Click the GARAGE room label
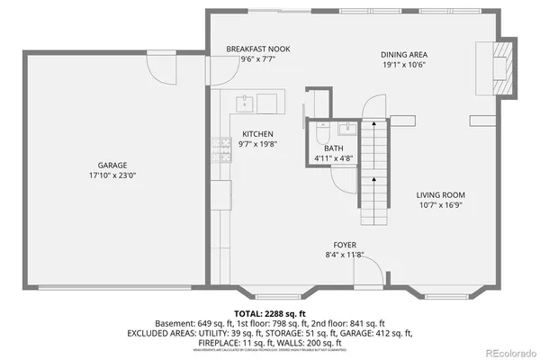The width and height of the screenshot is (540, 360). (112, 165)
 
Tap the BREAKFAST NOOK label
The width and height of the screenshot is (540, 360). (257, 49)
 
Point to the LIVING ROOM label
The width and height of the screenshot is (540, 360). (440, 194)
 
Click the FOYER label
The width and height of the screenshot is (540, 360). (346, 245)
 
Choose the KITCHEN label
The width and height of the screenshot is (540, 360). (257, 134)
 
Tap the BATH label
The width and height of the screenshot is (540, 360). (333, 148)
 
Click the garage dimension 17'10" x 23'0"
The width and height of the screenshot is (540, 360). (112, 175)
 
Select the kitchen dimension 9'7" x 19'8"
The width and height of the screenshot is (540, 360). (257, 144)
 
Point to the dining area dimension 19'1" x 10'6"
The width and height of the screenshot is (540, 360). (402, 65)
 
